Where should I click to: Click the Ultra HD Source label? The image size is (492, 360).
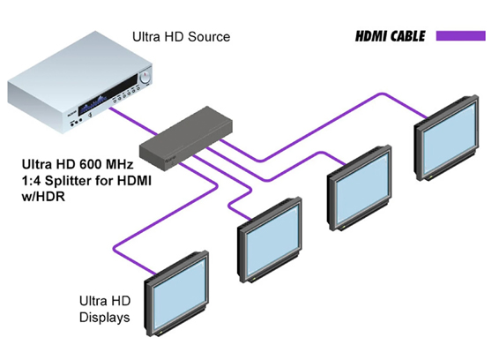point(181,37)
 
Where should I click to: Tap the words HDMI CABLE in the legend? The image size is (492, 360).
point(377,37)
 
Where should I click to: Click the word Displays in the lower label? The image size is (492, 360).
point(105,317)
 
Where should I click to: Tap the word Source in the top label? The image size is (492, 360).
point(210,37)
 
